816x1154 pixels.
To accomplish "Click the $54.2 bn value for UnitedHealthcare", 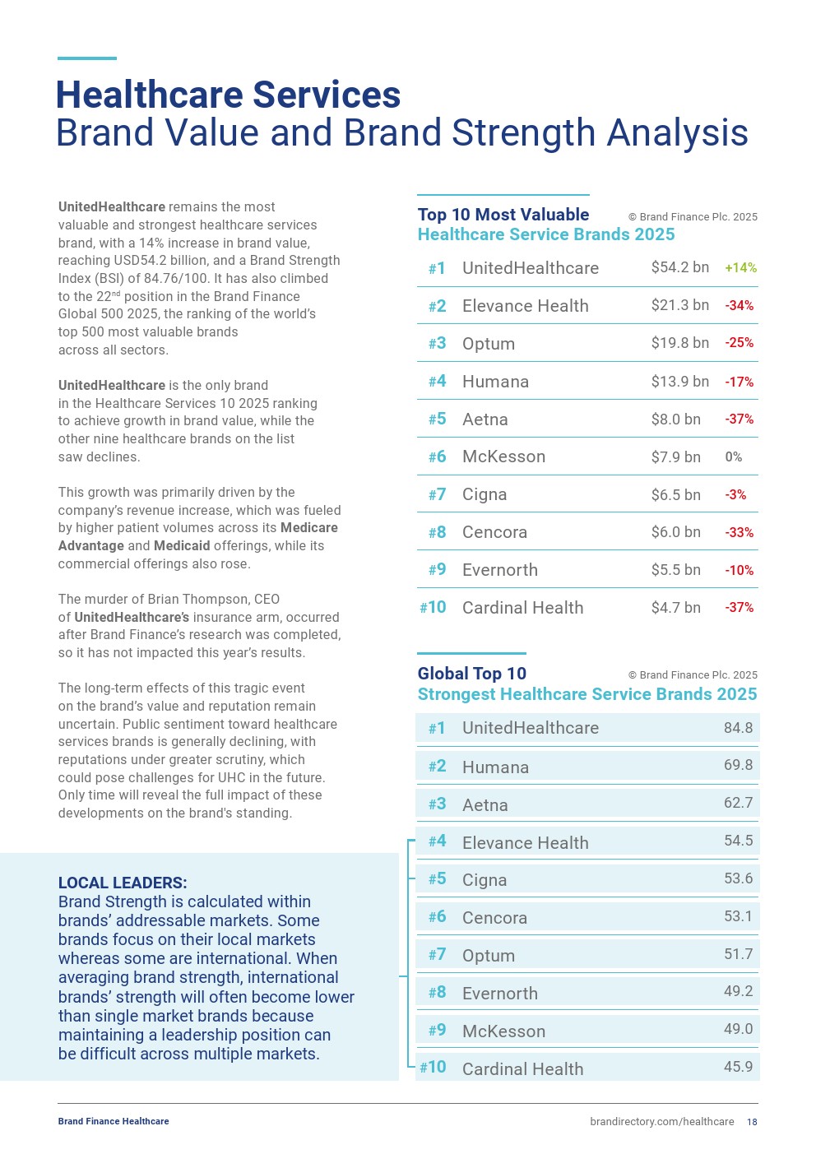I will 679,267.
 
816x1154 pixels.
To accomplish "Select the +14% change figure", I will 740,267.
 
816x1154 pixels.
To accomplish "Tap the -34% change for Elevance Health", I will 739,305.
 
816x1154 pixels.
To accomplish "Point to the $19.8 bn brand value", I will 679,343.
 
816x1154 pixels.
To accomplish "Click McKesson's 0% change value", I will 733,457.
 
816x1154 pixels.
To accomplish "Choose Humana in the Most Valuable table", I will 495,382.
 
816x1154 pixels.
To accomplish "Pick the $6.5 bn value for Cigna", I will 675,494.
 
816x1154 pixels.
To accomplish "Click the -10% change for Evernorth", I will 739,570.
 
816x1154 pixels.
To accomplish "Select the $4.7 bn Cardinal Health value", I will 675,608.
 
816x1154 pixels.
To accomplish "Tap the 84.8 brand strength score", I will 738,728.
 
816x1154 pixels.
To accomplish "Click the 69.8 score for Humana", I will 738,765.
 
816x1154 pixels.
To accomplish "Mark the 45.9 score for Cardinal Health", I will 738,1066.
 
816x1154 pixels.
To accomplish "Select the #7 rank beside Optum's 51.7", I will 437,955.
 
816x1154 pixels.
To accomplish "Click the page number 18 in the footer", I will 752,1122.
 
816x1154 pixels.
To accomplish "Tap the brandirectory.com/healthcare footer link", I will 661,1122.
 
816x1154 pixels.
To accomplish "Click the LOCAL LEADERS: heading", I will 123,883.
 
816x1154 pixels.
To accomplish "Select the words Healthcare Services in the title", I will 228,95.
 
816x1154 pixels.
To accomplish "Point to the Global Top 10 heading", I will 471,674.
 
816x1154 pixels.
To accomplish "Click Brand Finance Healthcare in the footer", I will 114,1121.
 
